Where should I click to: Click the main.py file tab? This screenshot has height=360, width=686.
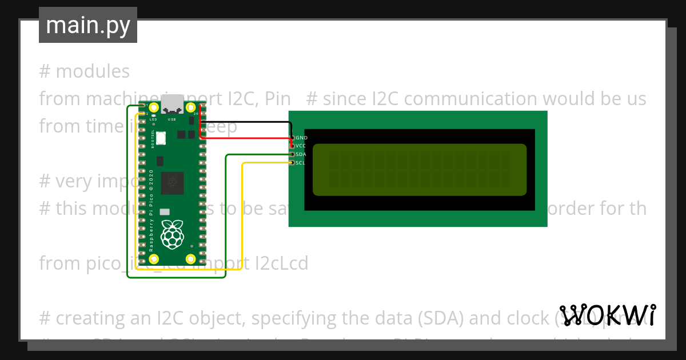tap(87, 25)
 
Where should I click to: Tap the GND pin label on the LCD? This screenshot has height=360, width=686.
tap(301, 138)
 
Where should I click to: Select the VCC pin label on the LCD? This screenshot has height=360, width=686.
tap(301, 146)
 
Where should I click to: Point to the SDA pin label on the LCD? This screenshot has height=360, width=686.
tap(301, 154)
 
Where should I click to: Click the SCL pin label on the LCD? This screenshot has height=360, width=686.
tap(301, 163)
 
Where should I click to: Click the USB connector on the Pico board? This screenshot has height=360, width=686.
tap(172, 105)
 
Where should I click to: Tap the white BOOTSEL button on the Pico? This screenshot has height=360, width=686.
tap(162, 138)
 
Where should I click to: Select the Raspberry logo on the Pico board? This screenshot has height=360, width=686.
tap(172, 235)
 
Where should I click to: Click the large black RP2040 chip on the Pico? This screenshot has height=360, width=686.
tap(172, 182)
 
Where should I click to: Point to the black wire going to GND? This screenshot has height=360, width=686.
tap(246, 122)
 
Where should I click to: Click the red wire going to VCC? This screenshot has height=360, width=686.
tap(246, 139)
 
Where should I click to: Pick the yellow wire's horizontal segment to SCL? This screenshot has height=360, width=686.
tap(266, 163)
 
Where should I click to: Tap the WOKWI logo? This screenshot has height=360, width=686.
tap(607, 315)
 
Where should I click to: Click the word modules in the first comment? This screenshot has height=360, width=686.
tap(93, 71)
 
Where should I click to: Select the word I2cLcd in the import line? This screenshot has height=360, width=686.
tap(280, 263)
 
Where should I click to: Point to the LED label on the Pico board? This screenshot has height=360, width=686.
tap(153, 120)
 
